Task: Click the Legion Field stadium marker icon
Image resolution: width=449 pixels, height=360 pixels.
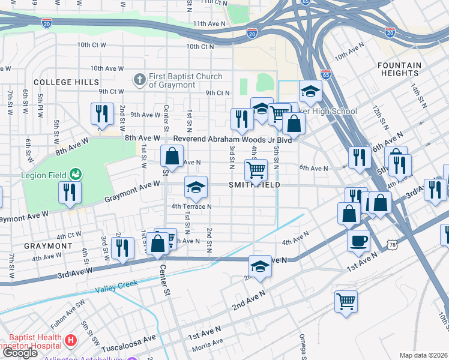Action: [76, 175]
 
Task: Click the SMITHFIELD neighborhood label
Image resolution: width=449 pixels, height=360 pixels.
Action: [254, 185]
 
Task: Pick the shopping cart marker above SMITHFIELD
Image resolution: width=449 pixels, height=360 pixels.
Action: [256, 170]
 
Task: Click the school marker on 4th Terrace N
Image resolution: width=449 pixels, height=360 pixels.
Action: [196, 188]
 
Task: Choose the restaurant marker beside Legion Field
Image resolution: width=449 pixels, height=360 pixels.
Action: [70, 193]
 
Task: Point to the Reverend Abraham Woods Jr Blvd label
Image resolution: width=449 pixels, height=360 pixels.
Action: [232, 139]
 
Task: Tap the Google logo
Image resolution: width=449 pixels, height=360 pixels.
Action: [21, 352]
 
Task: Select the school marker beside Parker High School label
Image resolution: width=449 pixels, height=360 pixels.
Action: [310, 92]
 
